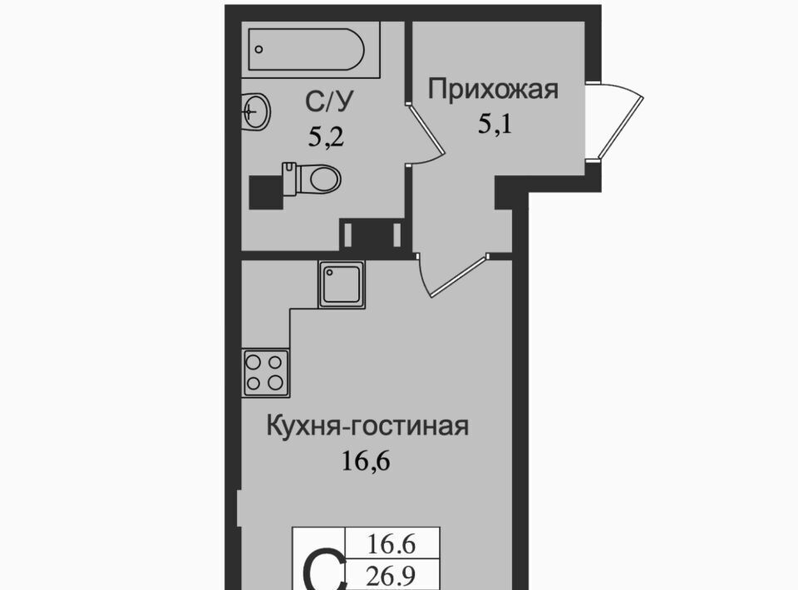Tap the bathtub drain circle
click(x=259, y=49)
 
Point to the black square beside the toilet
click(x=266, y=192)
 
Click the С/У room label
click(x=329, y=102)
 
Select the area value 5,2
click(x=326, y=137)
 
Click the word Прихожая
click(x=493, y=90)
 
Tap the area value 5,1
click(x=495, y=124)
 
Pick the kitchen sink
click(x=342, y=284)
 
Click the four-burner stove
click(x=266, y=373)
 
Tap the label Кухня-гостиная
click(x=367, y=426)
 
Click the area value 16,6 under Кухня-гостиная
click(x=366, y=461)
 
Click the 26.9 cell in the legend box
click(x=392, y=576)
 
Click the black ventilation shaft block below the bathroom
click(x=372, y=234)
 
